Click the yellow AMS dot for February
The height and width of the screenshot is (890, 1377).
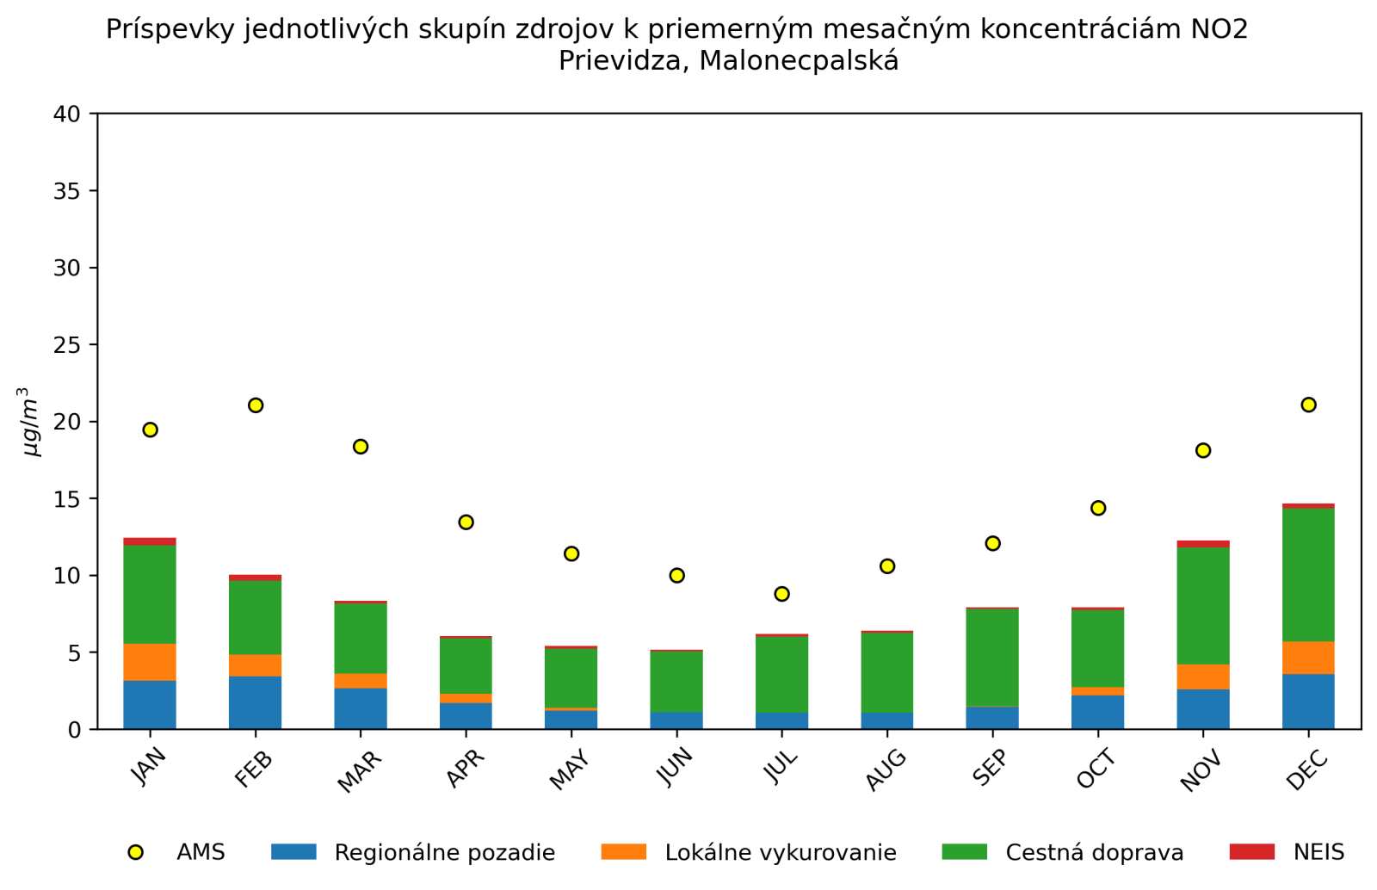[256, 405]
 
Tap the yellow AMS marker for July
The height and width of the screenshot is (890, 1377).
[781, 594]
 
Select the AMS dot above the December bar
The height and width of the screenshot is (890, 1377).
[1308, 405]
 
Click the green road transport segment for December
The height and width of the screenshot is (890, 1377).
[1308, 574]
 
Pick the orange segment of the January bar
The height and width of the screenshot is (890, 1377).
[150, 662]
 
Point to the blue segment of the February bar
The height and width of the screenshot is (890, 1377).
[256, 702]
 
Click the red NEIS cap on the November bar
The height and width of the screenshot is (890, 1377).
[1203, 544]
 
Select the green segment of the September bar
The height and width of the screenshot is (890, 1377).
[992, 657]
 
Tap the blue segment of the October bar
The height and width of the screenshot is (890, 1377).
[1097, 712]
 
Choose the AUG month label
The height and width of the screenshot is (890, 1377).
[886, 769]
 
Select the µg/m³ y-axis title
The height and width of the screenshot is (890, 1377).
[31, 422]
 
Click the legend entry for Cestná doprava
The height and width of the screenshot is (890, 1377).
[1094, 852]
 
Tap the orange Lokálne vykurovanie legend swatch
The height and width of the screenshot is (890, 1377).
[623, 852]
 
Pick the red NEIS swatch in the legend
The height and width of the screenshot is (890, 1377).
[1251, 852]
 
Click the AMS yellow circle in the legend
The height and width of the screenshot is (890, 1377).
[135, 852]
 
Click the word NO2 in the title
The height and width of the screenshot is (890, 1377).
[1219, 30]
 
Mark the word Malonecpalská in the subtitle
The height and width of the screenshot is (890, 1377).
[799, 61]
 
